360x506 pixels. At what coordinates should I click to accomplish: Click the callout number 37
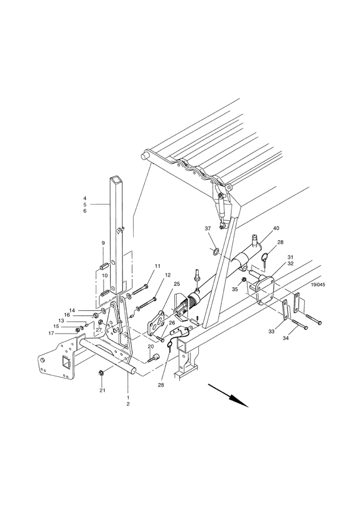(x=208, y=228)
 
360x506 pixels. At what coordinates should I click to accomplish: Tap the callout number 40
(x=276, y=228)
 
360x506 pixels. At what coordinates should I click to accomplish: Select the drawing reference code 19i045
(x=318, y=285)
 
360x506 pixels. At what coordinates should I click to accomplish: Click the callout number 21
(x=102, y=391)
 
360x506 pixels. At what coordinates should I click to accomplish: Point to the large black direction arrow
(x=228, y=395)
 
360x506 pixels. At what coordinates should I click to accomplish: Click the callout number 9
(x=104, y=243)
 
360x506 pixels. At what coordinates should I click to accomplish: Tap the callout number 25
(x=177, y=284)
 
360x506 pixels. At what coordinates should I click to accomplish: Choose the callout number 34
(x=286, y=338)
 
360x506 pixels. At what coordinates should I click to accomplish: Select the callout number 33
(x=271, y=331)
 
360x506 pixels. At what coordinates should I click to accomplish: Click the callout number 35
(x=234, y=289)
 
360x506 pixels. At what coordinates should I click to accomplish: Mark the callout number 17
(x=52, y=334)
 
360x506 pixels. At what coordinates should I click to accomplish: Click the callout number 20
(x=151, y=347)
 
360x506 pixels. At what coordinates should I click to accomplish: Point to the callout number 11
(x=158, y=266)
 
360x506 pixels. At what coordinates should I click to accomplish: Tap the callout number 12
(x=168, y=275)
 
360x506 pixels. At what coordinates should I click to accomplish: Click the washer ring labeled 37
(x=215, y=250)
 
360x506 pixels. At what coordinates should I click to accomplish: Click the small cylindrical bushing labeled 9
(x=104, y=267)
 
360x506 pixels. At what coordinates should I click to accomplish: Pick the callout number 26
(x=172, y=322)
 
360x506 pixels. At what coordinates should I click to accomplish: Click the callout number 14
(x=72, y=310)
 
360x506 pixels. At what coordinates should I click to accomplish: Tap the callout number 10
(x=105, y=275)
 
